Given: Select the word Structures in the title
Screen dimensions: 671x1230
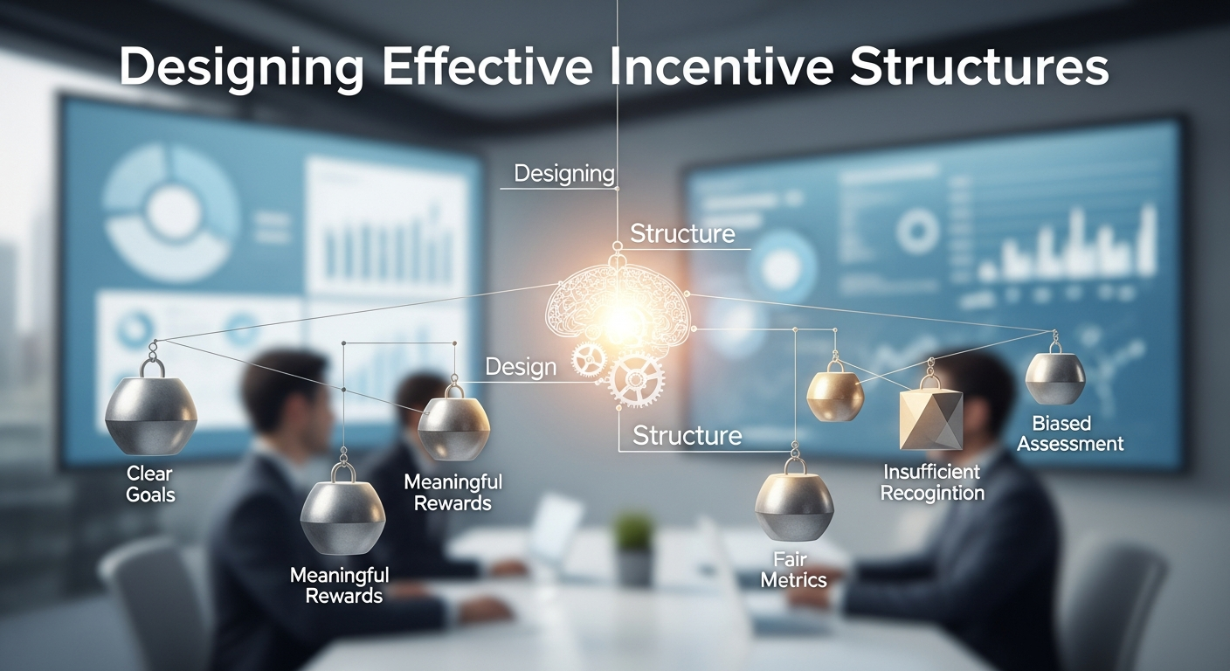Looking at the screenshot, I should (x=979, y=69).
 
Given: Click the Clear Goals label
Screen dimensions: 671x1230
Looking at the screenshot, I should (x=150, y=484).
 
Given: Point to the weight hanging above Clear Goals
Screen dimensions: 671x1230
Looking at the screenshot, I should (x=151, y=413).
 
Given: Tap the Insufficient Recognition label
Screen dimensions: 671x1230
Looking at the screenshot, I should (x=932, y=482).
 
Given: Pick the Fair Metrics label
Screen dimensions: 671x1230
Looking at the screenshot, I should (x=793, y=569).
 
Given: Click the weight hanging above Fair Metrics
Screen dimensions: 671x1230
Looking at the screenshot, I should (x=794, y=502).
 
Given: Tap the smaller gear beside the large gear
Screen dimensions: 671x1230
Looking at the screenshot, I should (x=589, y=358).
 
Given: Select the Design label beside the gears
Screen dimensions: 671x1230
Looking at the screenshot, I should (x=521, y=366).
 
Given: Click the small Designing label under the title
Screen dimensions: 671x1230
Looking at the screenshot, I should (x=564, y=173).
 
